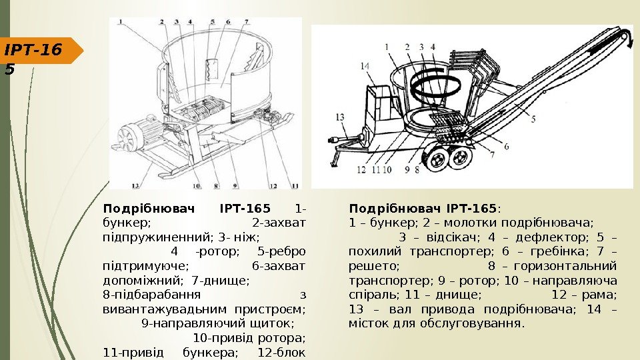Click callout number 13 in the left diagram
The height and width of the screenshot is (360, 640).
click(136, 186)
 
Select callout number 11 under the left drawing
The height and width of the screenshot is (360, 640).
click(295, 186)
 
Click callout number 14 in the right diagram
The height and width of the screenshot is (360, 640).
click(364, 66)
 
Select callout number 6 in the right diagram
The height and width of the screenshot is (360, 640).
click(506, 146)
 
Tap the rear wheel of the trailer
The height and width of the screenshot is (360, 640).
click(460, 159)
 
